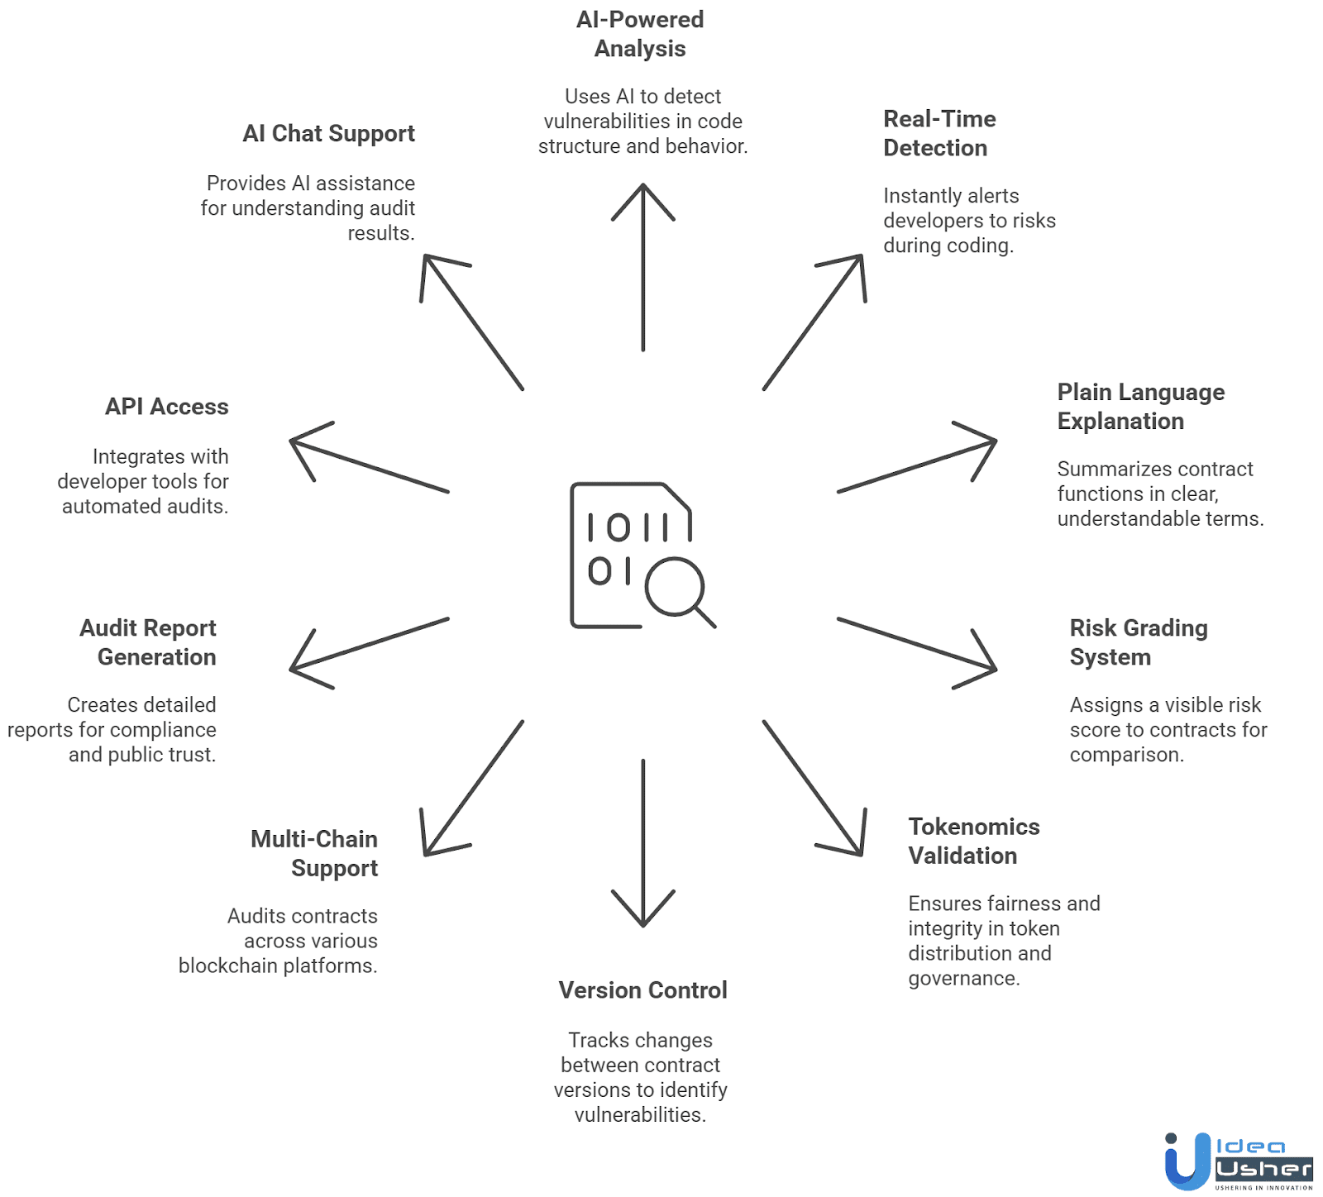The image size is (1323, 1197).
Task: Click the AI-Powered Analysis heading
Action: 640,34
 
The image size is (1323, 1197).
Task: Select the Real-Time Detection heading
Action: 939,133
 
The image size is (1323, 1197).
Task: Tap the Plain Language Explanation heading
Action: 1140,407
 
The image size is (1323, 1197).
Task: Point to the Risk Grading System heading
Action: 1138,642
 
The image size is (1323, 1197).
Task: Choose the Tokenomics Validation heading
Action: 973,841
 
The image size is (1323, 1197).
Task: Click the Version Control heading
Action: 642,990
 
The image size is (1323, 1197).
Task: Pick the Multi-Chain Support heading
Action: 314,853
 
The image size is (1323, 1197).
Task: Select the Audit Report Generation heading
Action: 149,642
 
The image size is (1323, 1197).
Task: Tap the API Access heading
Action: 167,407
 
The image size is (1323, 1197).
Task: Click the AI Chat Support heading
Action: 329,134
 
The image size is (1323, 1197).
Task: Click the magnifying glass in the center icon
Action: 676,587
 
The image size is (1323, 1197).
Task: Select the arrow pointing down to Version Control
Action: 643,843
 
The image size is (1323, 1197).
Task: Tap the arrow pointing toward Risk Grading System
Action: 917,644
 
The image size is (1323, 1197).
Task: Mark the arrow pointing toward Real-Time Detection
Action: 814,322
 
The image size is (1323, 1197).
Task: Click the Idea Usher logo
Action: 1238,1161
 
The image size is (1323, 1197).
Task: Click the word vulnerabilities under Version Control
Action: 639,1114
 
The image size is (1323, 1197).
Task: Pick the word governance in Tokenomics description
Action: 963,978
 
